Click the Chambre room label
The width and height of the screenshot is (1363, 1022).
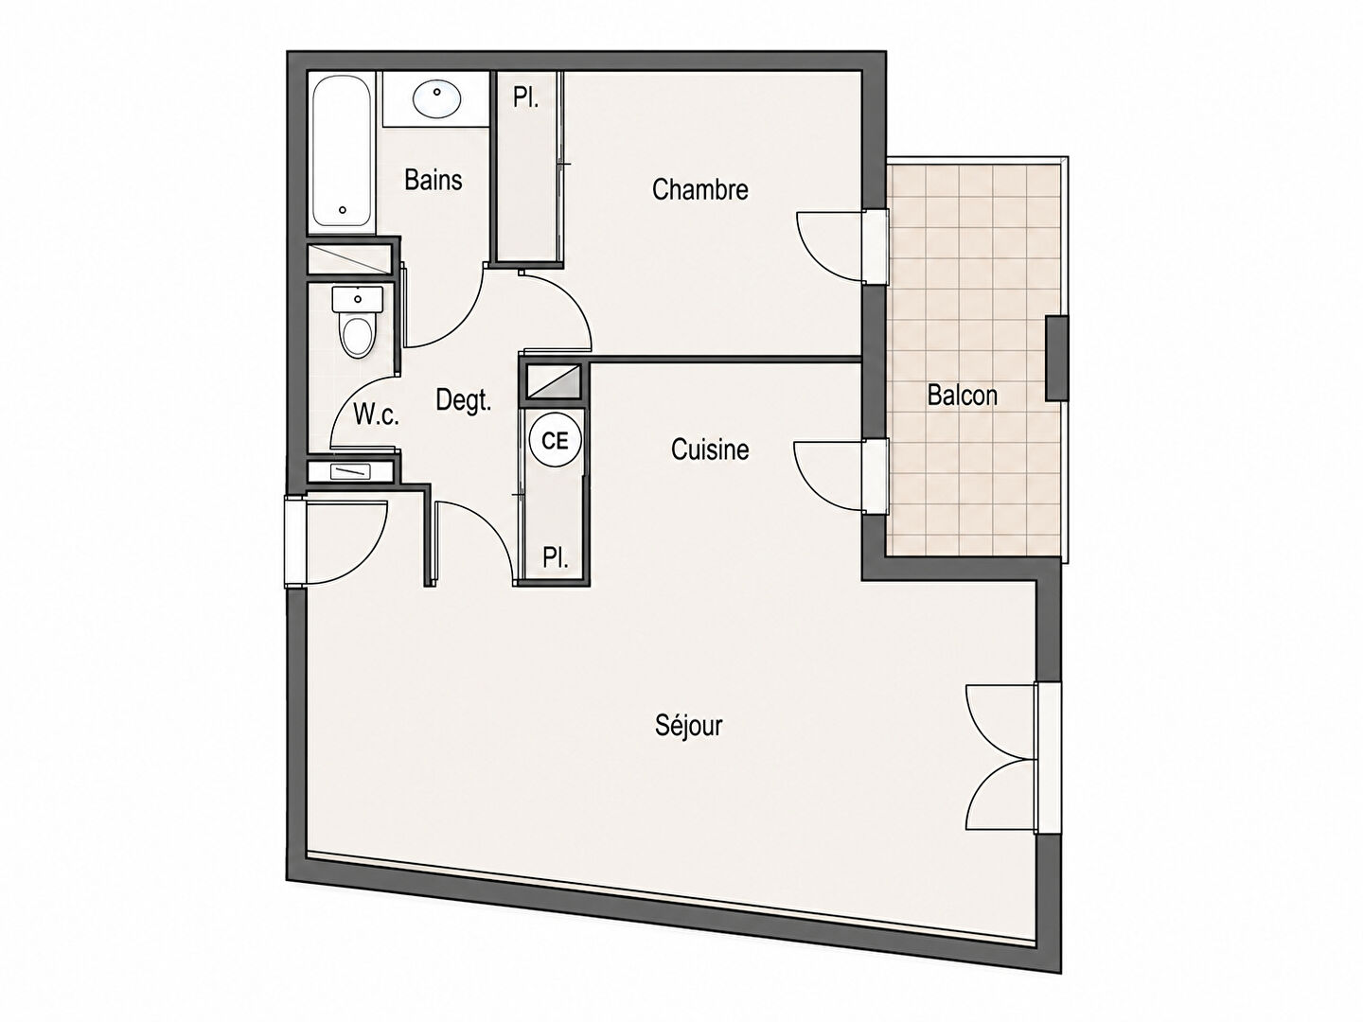pos(699,189)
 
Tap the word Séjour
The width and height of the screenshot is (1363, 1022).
pos(689,726)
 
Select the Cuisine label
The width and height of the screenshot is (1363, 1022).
pos(710,449)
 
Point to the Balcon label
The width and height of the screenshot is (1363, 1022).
pos(963,395)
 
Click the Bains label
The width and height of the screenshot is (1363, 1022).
pos(434,180)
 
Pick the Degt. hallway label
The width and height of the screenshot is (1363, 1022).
pos(464,401)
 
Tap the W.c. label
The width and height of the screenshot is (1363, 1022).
pos(377,414)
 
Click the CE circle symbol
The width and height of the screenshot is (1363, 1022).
pos(555,441)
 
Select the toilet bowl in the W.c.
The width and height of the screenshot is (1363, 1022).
pos(358,336)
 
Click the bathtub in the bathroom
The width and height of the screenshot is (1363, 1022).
pos(342,150)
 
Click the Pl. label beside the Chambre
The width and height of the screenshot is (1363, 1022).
pos(526,98)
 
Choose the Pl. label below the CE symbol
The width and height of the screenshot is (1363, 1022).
pos(555,558)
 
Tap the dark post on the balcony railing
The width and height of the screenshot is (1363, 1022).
pos(1057,358)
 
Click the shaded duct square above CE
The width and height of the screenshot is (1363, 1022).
pos(554,381)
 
